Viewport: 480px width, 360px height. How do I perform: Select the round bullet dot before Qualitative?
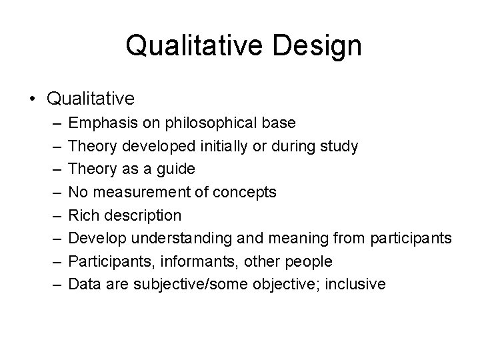click(x=33, y=99)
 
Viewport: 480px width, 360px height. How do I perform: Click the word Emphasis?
click(x=100, y=123)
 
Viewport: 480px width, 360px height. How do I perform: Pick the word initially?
click(x=223, y=146)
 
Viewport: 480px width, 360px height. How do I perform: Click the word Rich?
click(x=83, y=215)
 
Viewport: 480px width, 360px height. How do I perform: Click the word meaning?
click(x=295, y=239)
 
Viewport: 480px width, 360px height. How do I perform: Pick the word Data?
click(x=83, y=285)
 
